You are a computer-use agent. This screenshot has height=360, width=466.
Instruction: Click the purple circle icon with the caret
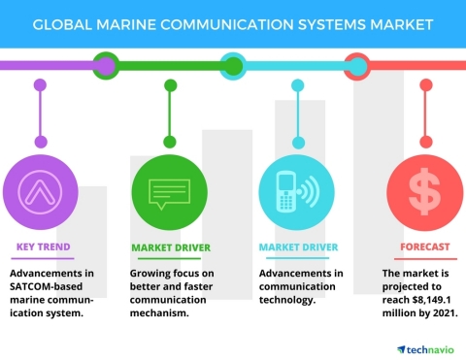[40, 189]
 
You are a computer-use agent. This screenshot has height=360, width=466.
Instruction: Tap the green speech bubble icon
[169, 189]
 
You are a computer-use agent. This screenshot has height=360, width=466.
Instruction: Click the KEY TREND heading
[43, 246]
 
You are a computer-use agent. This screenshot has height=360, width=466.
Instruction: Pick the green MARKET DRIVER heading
[171, 246]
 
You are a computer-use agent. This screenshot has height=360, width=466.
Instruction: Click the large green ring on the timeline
[104, 66]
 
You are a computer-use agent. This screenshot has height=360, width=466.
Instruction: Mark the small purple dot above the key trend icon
[40, 85]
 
